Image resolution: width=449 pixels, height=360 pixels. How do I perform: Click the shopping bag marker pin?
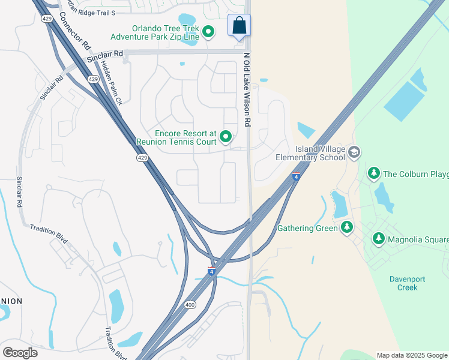pos(239,26)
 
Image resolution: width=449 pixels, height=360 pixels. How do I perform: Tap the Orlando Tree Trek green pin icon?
pos(208,32)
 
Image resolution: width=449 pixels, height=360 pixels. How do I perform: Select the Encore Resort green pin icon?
pos(226,137)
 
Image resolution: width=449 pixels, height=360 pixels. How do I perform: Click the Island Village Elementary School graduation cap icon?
pos(354,152)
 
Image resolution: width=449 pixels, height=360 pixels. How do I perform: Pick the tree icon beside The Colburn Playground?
pos(373,174)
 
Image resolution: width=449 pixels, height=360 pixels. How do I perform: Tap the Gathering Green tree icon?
pos(346,227)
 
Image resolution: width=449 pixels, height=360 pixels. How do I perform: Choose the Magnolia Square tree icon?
pos(378,239)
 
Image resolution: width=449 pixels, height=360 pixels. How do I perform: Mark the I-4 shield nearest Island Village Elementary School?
pos(296,177)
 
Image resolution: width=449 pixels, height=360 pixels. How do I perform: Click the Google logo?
pos(20,353)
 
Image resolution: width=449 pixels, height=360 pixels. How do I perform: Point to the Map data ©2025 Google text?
pos(411,355)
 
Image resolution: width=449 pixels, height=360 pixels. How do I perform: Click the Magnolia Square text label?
pos(418,239)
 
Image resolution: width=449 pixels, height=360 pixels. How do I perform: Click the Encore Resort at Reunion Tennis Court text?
pos(176,137)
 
